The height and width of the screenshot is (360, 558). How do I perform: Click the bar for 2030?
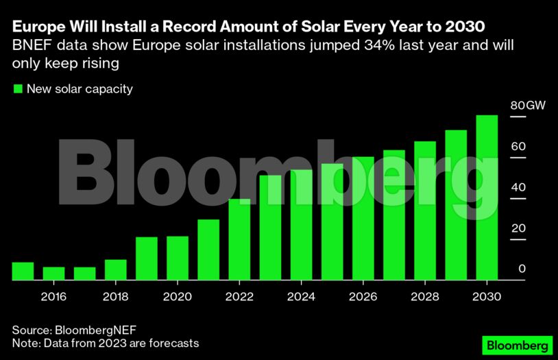click(x=486, y=198)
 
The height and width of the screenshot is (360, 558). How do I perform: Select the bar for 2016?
click(x=53, y=274)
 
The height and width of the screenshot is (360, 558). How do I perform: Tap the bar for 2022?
click(x=239, y=239)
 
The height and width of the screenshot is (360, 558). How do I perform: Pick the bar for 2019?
click(x=147, y=259)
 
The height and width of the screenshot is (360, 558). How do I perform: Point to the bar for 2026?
click(x=363, y=219)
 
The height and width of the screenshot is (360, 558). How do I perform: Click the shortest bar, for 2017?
click(x=84, y=274)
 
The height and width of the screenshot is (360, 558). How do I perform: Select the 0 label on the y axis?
click(x=522, y=269)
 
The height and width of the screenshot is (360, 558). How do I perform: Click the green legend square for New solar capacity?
click(x=18, y=88)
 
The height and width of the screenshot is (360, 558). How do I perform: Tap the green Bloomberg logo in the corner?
click(x=518, y=344)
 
